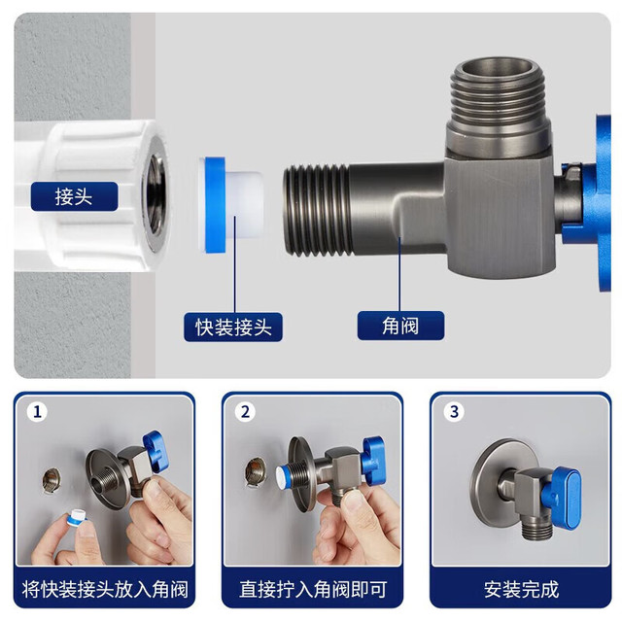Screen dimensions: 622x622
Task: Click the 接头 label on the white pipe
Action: click(74, 196)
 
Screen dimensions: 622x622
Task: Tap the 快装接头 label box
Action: click(233, 327)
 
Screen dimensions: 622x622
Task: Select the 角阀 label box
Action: click(400, 326)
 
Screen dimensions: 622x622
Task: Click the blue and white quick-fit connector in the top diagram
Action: click(231, 205)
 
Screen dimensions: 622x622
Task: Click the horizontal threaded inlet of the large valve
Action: click(318, 210)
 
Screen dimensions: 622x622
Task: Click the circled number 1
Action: click(37, 412)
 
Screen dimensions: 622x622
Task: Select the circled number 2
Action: click(245, 412)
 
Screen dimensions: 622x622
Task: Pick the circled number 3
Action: click(454, 411)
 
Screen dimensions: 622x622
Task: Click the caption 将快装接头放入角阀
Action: click(105, 589)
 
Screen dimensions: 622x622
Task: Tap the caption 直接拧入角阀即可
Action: click(313, 589)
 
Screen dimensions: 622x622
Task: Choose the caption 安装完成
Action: click(521, 589)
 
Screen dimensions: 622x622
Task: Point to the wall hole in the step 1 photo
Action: click(52, 481)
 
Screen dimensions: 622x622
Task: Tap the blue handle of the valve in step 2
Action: click(372, 457)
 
